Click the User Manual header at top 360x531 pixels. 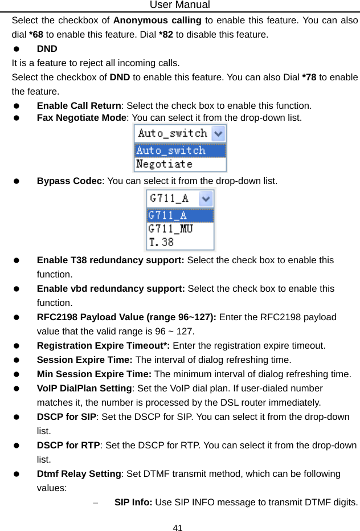(x=179, y=5)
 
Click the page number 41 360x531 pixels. (x=178, y=527)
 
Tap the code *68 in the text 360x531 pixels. (x=37, y=34)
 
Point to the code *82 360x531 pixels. (x=167, y=34)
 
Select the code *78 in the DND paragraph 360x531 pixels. (x=310, y=77)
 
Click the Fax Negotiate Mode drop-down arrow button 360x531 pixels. (x=219, y=134)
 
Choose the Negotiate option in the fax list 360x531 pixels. (x=165, y=164)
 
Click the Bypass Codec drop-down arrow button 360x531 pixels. (x=207, y=198)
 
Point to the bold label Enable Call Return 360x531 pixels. (x=79, y=105)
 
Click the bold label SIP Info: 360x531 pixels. (x=133, y=503)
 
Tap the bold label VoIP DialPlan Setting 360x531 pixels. (x=84, y=389)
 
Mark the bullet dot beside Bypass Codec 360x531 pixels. (x=17, y=182)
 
